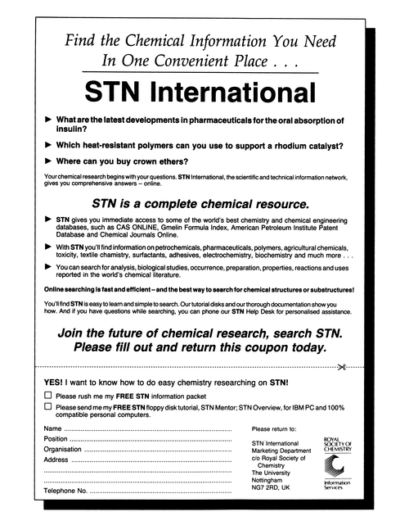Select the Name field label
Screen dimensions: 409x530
click(52, 428)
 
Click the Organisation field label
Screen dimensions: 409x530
click(63, 449)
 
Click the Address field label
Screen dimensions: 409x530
click(56, 460)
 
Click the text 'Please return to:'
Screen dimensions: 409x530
click(277, 428)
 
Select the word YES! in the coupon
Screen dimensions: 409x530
click(55, 382)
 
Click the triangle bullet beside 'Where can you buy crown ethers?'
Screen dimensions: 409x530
click(47, 161)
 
